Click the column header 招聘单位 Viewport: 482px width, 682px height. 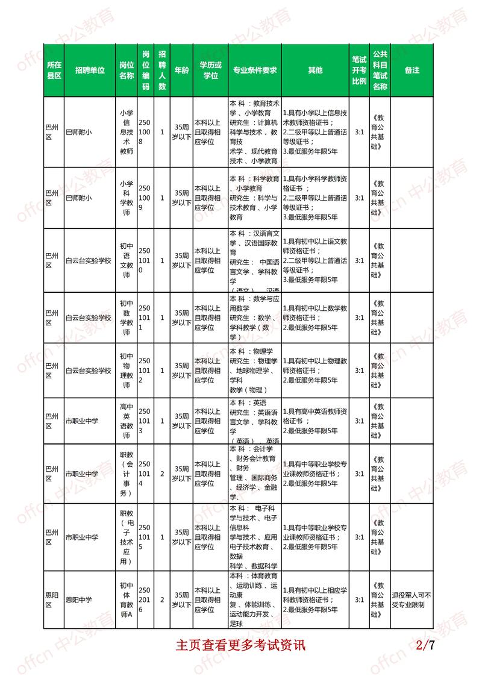click(90, 70)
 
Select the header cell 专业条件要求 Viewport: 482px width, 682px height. click(255, 70)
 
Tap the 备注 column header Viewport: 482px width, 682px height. click(412, 70)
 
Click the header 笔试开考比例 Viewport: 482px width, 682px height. click(359, 70)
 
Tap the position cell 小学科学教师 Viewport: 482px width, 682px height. click(126, 197)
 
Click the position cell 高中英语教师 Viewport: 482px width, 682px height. click(126, 419)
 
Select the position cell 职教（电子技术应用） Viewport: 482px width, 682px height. click(126, 536)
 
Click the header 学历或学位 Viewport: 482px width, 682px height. click(210, 70)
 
